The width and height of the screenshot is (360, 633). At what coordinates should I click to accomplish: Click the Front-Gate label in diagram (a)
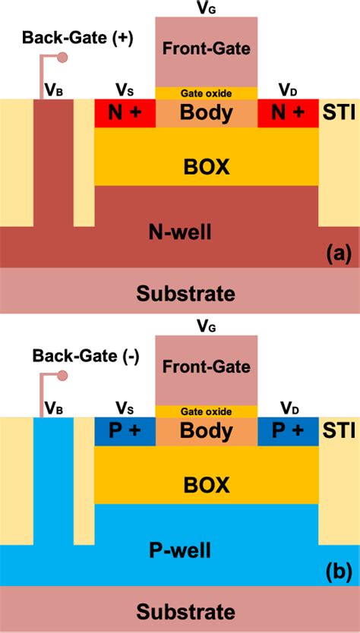206,51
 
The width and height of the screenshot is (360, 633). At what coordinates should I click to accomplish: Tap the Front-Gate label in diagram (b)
206,367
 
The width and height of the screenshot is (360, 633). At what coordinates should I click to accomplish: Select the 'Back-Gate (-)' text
84,355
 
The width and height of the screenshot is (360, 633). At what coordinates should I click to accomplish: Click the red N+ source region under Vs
125,113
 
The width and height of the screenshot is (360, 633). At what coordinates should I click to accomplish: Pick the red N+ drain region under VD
288,113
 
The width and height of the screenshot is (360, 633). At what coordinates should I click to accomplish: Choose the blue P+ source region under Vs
125,430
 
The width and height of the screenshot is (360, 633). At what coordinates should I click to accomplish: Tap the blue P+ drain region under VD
288,430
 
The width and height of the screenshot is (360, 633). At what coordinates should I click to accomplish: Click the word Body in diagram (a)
206,113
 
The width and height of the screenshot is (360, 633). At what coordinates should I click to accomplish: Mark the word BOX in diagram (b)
206,483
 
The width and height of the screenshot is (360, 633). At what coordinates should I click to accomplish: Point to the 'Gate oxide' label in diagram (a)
206,93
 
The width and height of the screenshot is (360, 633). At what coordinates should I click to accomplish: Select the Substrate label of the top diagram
185,293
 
